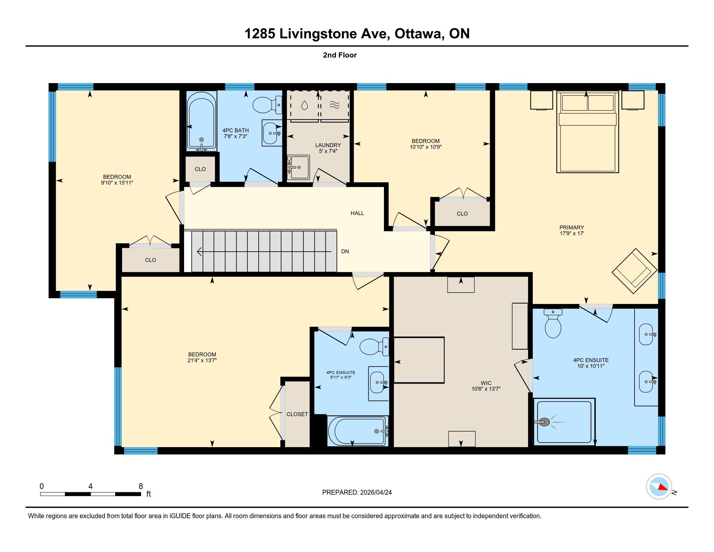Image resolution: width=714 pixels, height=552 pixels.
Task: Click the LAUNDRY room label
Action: click(328, 145)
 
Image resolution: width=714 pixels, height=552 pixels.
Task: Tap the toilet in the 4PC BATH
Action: click(267, 105)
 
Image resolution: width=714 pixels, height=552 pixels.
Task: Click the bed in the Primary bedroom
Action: click(587, 132)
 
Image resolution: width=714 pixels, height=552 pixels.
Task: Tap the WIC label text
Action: click(486, 383)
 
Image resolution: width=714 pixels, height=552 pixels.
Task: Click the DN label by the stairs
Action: click(345, 251)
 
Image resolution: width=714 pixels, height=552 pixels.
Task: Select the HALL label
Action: click(357, 213)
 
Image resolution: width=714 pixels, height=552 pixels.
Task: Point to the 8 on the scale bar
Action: click(141, 486)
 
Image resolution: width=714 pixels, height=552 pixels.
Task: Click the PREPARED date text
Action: click(357, 493)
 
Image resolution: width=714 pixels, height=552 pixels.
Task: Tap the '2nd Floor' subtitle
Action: click(340, 55)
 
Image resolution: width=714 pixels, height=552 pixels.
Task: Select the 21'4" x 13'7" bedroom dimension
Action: click(203, 360)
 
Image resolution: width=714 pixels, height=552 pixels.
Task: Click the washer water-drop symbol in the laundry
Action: click(304, 105)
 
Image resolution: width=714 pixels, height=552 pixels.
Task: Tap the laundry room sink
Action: click(298, 167)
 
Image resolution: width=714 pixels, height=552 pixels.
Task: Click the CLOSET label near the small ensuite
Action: click(297, 414)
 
